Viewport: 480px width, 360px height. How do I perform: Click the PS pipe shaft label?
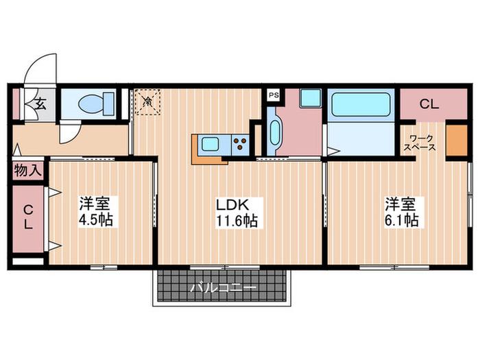point(274,95)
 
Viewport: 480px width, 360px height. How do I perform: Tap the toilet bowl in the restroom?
point(96,104)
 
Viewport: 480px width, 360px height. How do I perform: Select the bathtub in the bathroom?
point(361,104)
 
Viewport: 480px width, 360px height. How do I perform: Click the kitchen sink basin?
point(210,144)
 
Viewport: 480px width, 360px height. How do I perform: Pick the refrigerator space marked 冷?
point(148,101)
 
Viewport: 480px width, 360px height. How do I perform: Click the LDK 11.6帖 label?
point(237,213)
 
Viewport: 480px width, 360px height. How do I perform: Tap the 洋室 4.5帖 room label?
point(96,211)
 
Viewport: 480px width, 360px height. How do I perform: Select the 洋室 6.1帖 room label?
point(402,212)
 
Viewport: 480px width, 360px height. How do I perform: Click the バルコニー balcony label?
point(223,288)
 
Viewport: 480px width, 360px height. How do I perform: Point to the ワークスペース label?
point(420,143)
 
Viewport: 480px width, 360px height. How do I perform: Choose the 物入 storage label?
point(28,171)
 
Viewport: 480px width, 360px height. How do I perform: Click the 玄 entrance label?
point(40,104)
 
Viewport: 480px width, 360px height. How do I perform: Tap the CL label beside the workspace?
point(429,104)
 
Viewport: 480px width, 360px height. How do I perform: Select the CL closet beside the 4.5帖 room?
point(28,218)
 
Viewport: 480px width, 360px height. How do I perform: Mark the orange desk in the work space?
point(457,140)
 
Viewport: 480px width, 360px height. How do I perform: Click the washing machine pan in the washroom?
point(310,97)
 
